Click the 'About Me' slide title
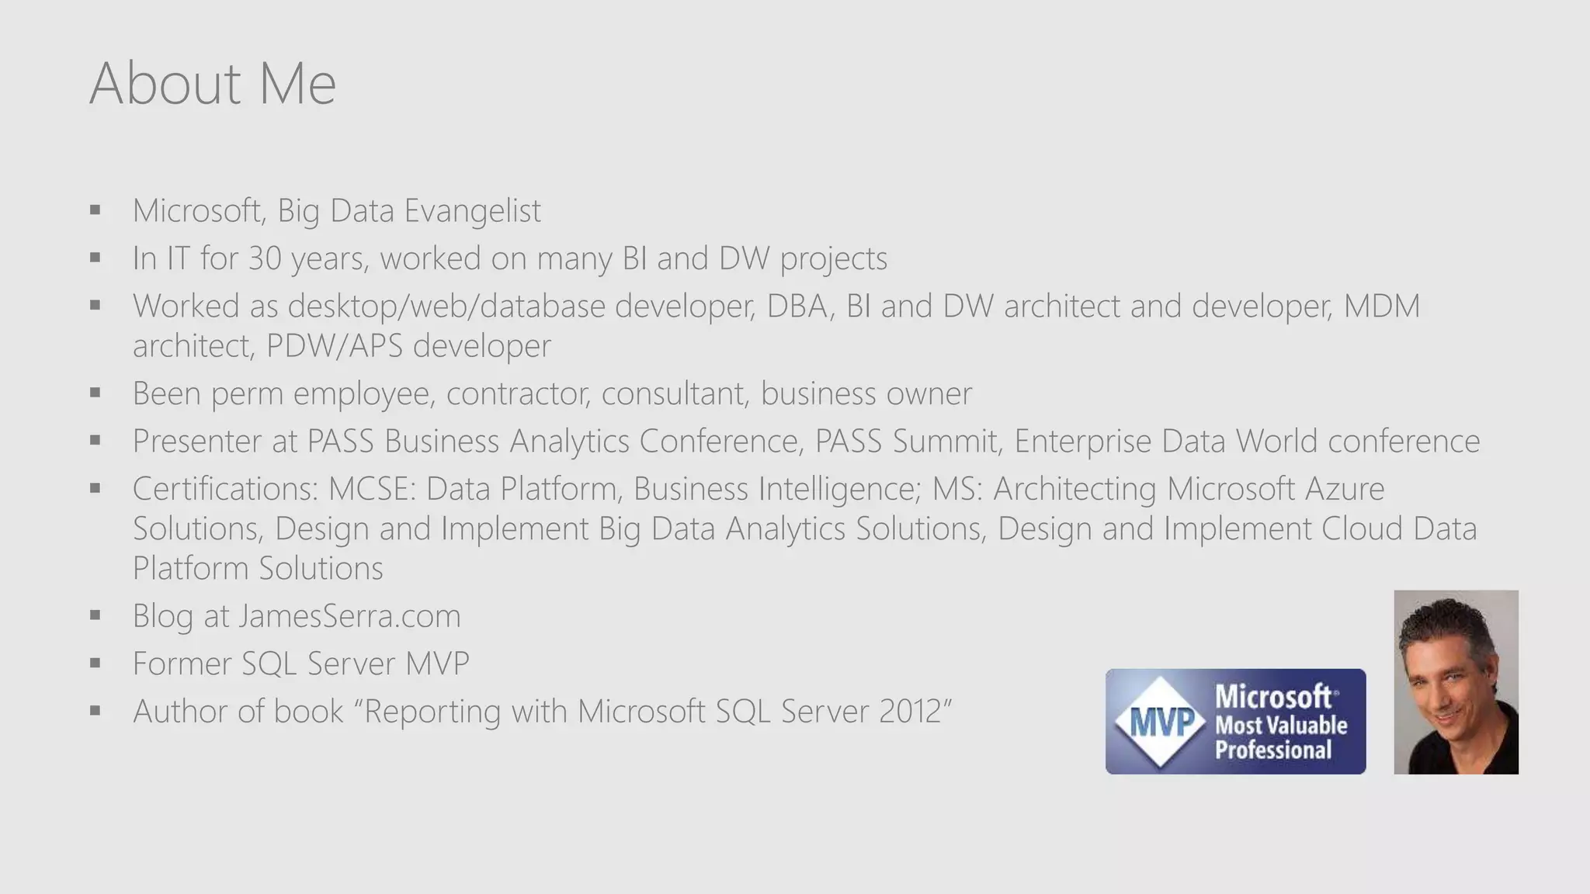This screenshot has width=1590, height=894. [213, 83]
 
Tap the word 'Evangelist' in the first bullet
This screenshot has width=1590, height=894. [472, 210]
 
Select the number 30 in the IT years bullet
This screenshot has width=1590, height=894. [265, 258]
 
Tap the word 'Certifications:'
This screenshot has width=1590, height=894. [225, 489]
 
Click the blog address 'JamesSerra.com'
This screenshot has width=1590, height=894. [349, 616]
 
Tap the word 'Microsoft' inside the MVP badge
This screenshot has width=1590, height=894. [1273, 696]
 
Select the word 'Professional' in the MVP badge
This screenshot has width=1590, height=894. [1273, 750]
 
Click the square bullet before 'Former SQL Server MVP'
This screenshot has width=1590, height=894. [95, 664]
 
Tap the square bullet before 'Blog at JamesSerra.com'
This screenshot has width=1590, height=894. [95, 616]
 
